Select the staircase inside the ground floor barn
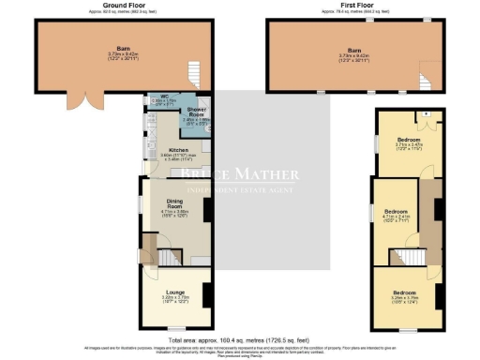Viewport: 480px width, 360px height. point(194,73)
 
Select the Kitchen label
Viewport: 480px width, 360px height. point(178,149)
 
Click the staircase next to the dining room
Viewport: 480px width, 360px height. point(161,253)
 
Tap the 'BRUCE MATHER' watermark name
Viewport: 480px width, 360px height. point(240,174)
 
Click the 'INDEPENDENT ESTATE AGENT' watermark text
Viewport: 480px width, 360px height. point(240,190)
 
